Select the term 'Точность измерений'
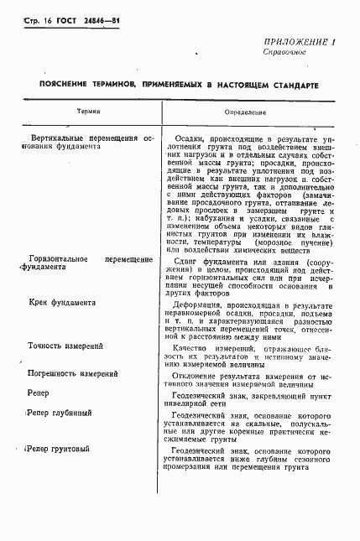[66, 346]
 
